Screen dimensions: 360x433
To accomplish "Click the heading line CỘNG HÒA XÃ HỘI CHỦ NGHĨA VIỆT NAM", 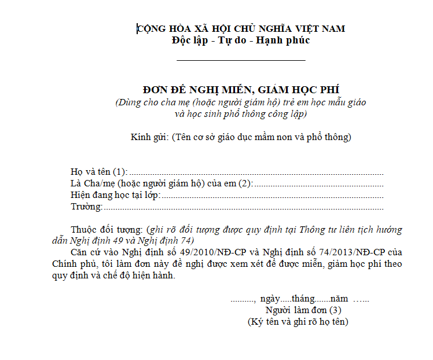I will (241, 28).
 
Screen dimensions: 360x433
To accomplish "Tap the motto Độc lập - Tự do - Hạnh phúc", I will (241, 41).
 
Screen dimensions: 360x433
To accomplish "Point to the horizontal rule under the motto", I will (241, 60).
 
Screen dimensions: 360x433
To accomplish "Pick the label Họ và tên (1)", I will (98, 171).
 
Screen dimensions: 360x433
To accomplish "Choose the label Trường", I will (86, 206).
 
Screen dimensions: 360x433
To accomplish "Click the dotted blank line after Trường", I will (243, 207).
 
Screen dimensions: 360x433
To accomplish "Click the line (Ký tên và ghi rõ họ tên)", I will (298, 321).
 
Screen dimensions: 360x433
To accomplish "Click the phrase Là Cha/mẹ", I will (89, 183).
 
